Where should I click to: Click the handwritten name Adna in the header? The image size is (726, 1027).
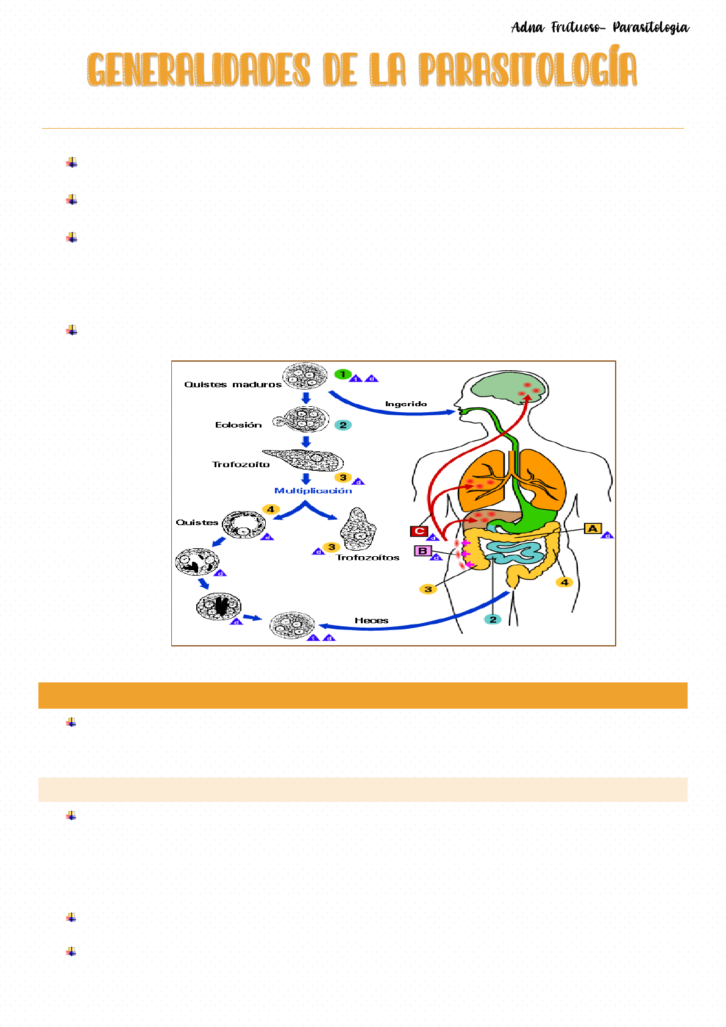pyautogui.click(x=527, y=27)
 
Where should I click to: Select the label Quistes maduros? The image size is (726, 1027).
pyautogui.click(x=233, y=384)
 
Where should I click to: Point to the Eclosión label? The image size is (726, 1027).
pyautogui.click(x=238, y=425)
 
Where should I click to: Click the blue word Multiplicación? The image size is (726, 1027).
pyautogui.click(x=313, y=490)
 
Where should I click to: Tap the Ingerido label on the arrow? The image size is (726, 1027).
pyautogui.click(x=406, y=404)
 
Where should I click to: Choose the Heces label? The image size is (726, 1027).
pyautogui.click(x=371, y=620)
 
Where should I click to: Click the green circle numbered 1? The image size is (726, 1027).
pyautogui.click(x=343, y=374)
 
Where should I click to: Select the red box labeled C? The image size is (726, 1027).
pyautogui.click(x=419, y=531)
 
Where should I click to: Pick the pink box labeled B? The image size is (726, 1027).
pyautogui.click(x=422, y=551)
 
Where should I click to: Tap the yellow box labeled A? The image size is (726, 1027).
pyautogui.click(x=593, y=528)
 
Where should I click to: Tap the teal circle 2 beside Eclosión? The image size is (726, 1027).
pyautogui.click(x=343, y=425)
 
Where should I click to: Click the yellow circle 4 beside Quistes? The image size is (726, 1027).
pyautogui.click(x=271, y=509)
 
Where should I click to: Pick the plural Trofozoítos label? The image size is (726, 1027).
pyautogui.click(x=368, y=557)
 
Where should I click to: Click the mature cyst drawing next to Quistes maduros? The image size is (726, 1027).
pyautogui.click(x=304, y=376)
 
